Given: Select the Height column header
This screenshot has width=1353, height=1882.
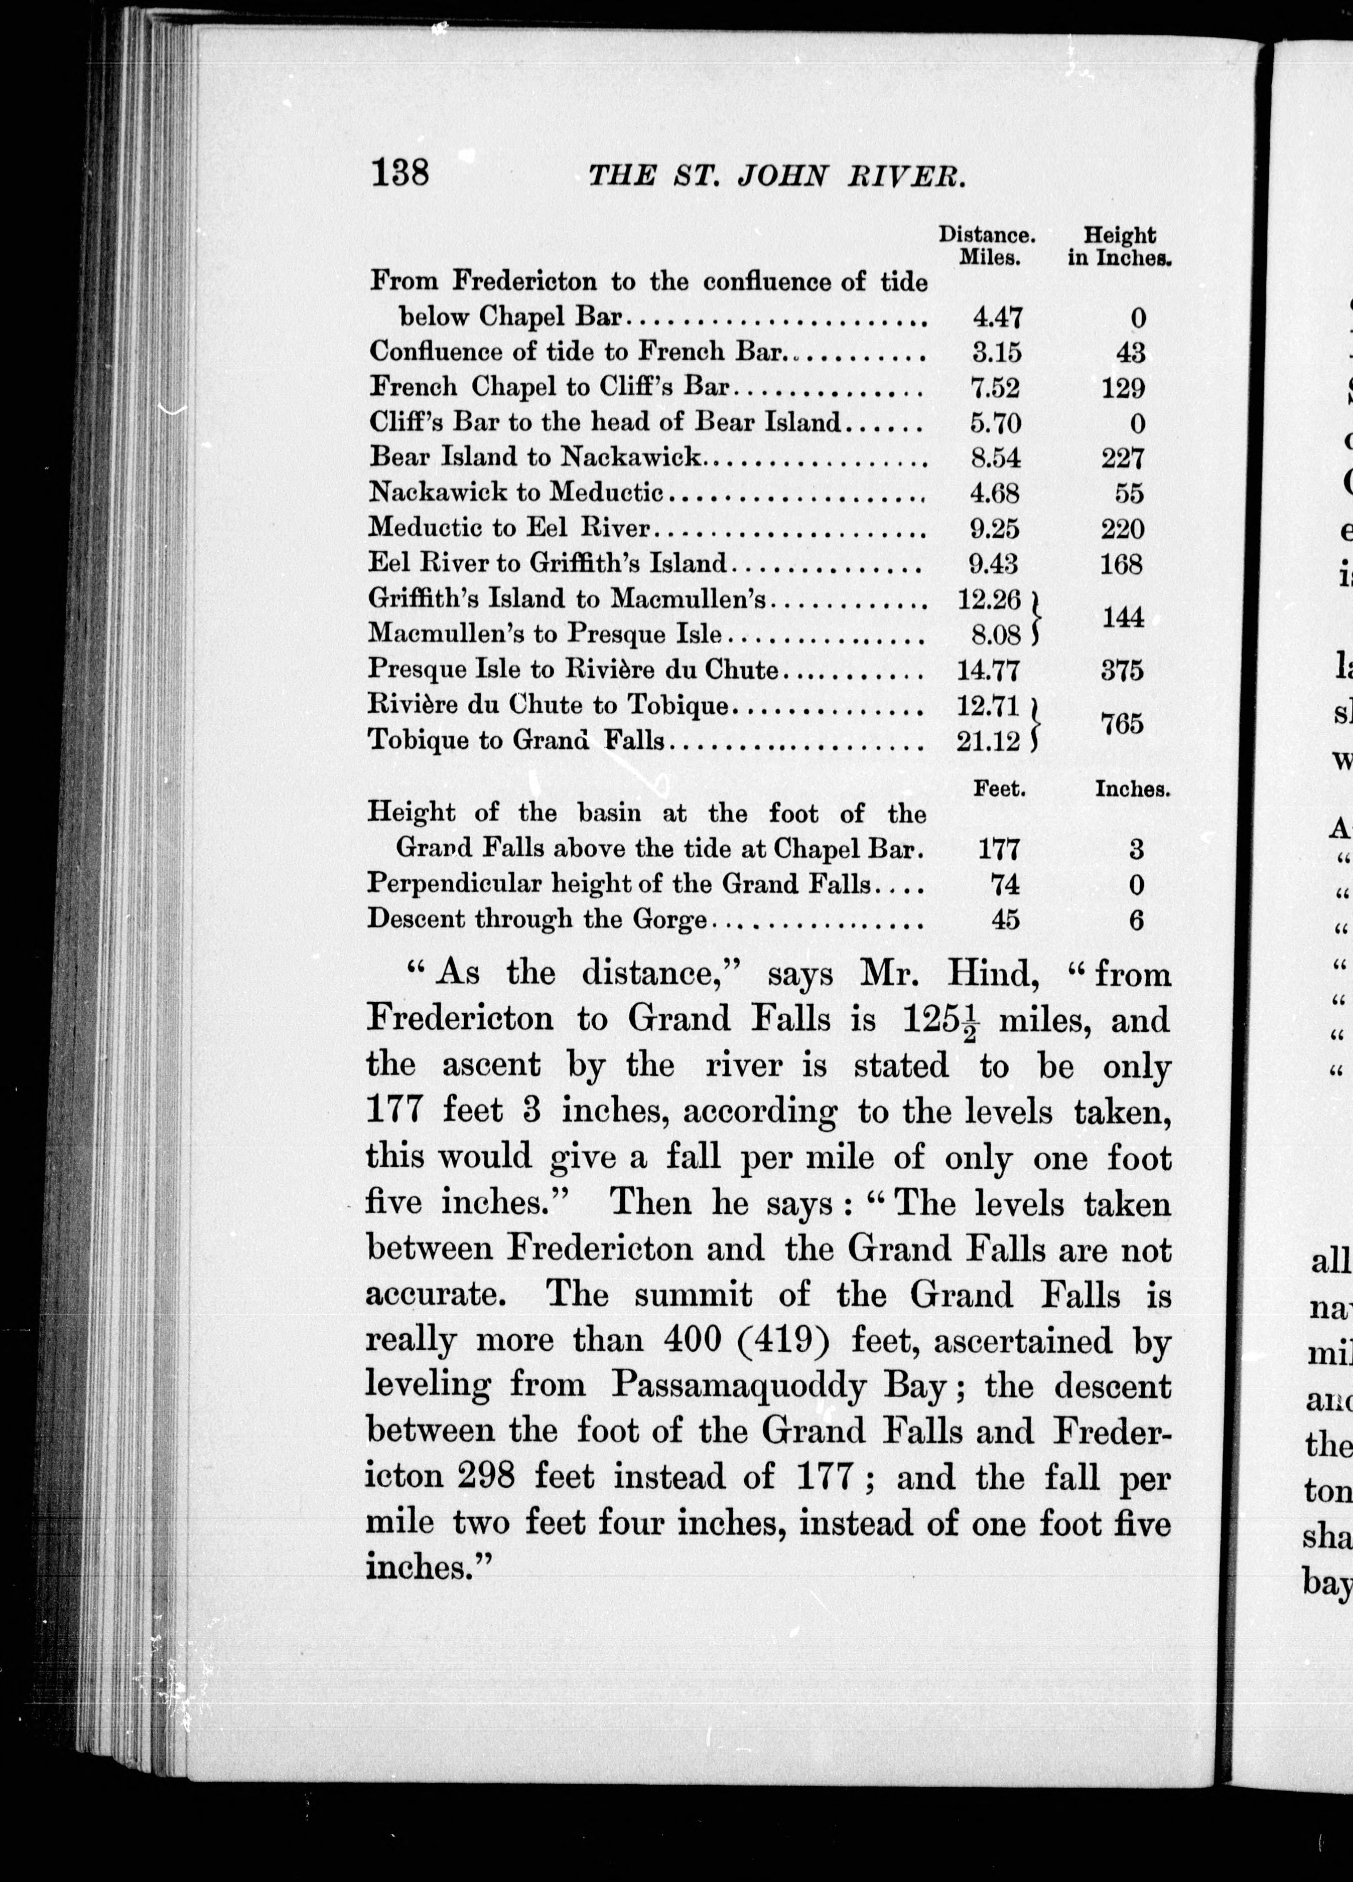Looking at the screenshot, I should (x=1119, y=236).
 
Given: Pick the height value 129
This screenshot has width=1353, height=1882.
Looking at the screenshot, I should (x=1123, y=388).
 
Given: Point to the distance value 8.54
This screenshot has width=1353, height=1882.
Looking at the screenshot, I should (x=996, y=458).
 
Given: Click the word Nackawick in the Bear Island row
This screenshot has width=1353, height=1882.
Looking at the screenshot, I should (x=631, y=457).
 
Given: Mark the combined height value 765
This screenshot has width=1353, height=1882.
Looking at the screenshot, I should (x=1122, y=724).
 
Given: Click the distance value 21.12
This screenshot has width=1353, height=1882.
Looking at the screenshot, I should (x=988, y=741).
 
